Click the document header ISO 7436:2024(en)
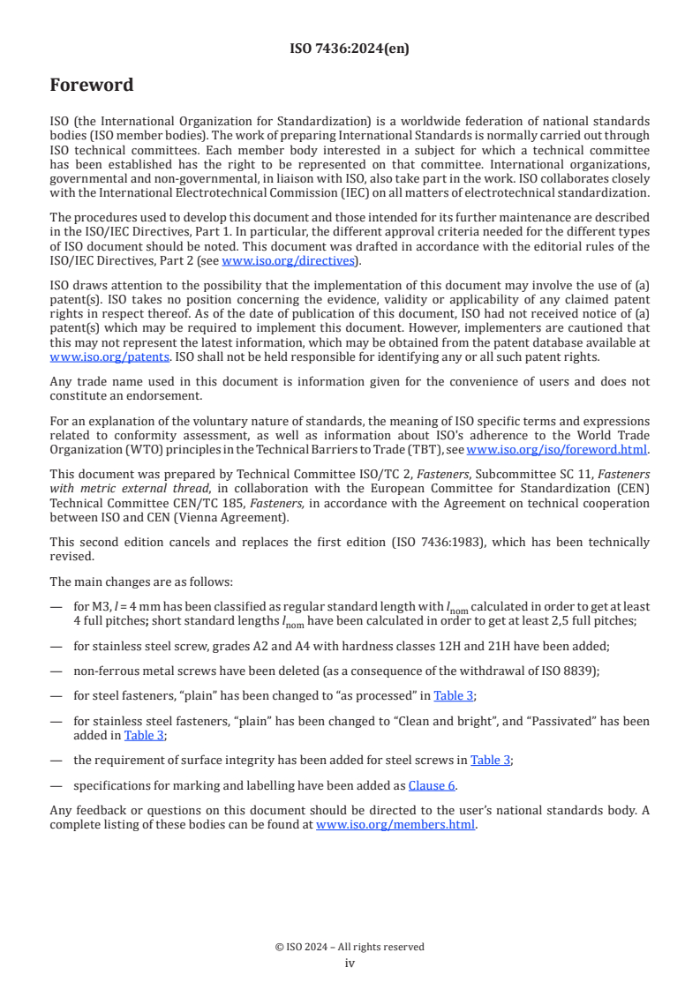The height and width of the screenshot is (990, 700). (x=350, y=49)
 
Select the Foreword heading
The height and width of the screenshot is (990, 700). (x=92, y=86)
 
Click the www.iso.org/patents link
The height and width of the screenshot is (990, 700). (x=86, y=356)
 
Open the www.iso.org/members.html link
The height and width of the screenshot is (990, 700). (x=395, y=825)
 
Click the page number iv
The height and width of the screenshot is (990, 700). (x=350, y=964)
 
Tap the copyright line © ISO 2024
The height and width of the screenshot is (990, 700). (x=350, y=947)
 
